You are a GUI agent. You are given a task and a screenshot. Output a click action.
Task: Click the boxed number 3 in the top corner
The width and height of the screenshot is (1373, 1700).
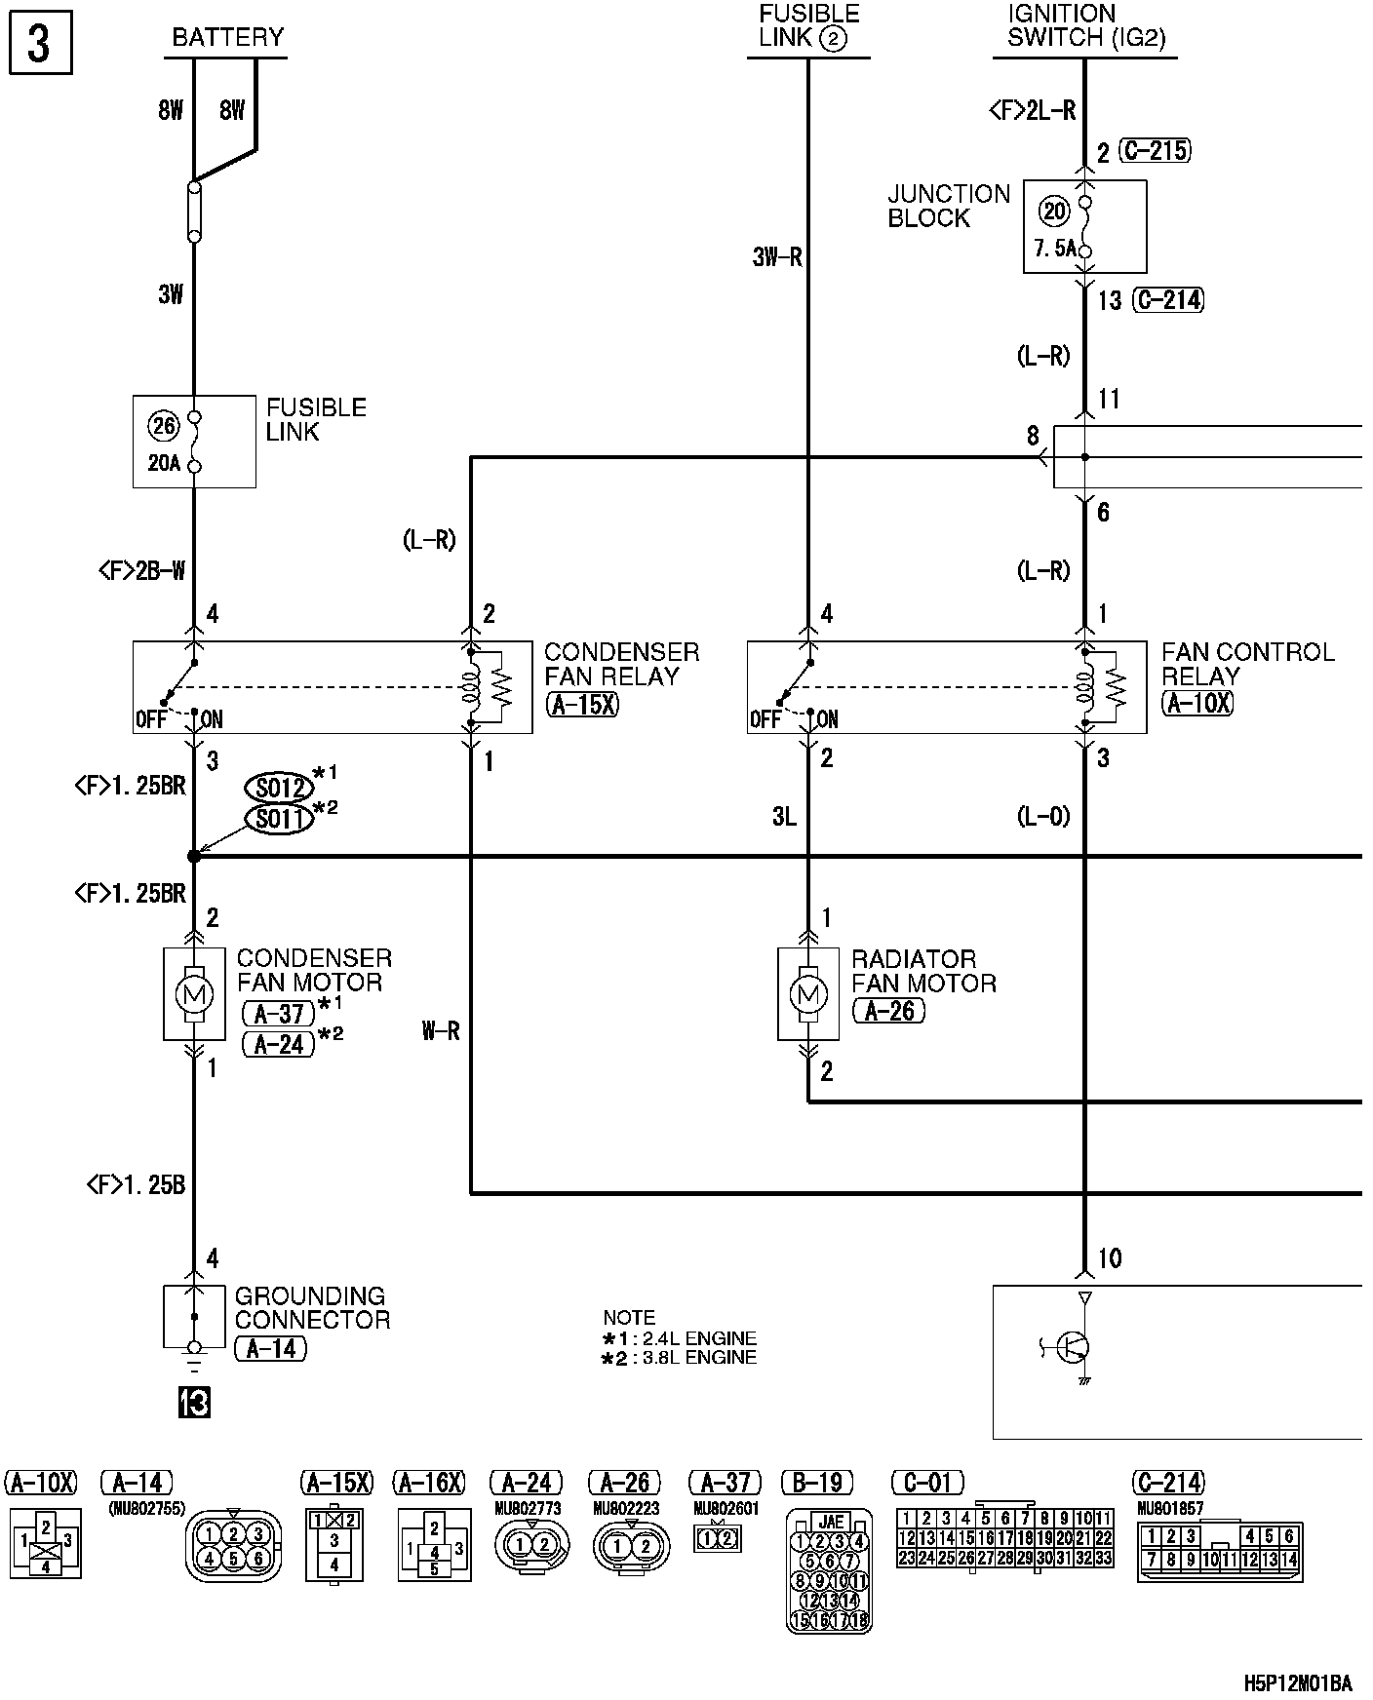coord(39,45)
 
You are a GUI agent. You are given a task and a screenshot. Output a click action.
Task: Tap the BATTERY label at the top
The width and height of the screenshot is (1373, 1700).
coord(227,38)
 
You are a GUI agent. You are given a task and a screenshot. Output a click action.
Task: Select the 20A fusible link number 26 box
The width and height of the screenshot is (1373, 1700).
coord(194,442)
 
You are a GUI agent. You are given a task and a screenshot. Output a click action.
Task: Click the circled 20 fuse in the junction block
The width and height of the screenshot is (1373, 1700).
coord(1054,211)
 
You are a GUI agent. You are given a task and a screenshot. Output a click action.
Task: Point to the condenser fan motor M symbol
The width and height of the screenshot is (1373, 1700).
coord(193,994)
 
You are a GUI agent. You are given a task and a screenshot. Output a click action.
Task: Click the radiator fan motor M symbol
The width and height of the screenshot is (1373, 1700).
coord(807,994)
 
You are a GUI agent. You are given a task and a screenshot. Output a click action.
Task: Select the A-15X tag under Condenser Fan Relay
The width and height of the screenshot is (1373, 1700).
coord(583,704)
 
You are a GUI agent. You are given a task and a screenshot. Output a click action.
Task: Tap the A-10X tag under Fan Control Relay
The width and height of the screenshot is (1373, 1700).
coord(1197,703)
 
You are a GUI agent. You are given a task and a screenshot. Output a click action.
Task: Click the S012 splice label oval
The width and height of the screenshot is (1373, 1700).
coord(280,787)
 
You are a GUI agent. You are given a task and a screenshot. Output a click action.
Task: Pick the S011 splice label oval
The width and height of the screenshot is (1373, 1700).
coord(280,819)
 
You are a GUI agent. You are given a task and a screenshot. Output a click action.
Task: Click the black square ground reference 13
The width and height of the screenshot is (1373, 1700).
coord(194,1403)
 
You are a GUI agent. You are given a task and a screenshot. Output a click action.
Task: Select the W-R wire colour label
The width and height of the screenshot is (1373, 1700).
coord(441,1030)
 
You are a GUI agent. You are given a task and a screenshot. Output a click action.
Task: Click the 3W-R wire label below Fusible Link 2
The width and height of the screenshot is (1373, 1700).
coord(777,257)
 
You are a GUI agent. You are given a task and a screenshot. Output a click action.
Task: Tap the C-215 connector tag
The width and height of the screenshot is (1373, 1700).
coord(1155,151)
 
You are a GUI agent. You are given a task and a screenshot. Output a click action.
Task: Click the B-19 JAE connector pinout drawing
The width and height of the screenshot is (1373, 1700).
coord(828,1569)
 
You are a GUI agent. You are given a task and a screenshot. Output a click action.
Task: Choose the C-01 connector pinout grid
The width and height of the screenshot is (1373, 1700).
coord(1004,1537)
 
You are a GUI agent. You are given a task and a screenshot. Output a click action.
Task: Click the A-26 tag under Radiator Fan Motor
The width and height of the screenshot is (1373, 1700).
coord(887,1011)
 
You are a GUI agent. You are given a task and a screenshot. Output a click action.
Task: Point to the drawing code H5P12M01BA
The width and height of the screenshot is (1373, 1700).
coord(1298,1683)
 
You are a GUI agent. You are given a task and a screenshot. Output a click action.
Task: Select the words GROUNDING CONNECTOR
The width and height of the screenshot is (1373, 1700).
coord(312,1308)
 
